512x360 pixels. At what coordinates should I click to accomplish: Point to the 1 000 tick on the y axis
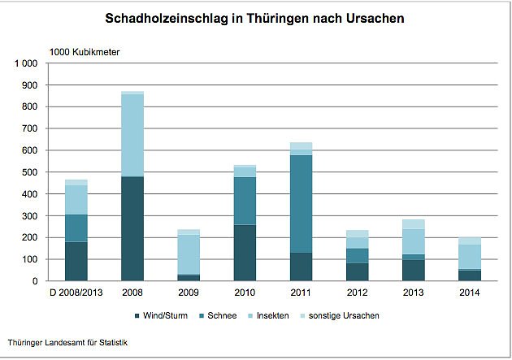tap(27, 63)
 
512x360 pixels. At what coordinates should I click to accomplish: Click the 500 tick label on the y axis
tap(31, 172)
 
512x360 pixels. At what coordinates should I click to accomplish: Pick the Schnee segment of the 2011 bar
tap(301, 203)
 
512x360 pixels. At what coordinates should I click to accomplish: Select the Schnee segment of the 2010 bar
tap(245, 201)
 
